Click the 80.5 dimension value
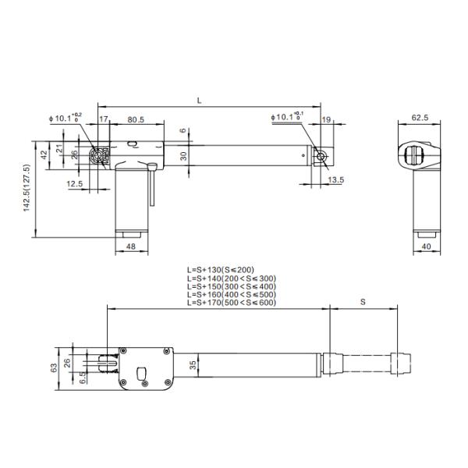(x=136, y=119)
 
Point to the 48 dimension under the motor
(x=130, y=247)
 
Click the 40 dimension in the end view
(x=425, y=247)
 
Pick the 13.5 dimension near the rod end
(x=336, y=180)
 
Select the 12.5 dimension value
(x=75, y=183)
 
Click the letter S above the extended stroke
(x=363, y=300)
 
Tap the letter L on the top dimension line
(x=199, y=101)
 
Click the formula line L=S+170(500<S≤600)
(x=232, y=302)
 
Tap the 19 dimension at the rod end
(x=326, y=119)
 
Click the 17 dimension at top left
(x=104, y=119)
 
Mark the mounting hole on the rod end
(x=320, y=156)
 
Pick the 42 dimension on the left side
(x=44, y=154)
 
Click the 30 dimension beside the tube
(x=183, y=155)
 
